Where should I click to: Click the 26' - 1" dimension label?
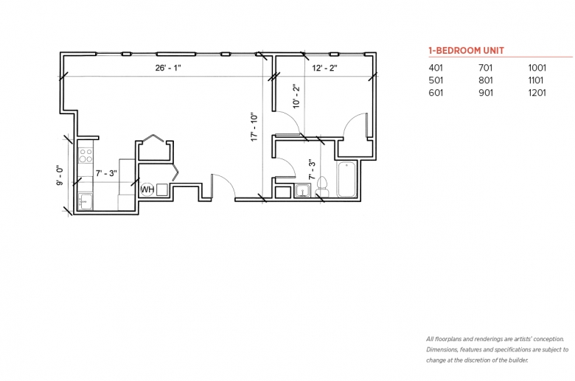pos(168,68)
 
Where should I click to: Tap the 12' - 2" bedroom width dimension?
pos(324,68)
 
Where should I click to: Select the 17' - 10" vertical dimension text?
pos(254,127)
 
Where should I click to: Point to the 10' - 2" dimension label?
pos(296,96)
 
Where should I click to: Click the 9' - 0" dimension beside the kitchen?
pos(60,175)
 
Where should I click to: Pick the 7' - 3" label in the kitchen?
pos(106,173)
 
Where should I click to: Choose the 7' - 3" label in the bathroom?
pos(312,169)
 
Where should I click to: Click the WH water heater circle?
pos(147,189)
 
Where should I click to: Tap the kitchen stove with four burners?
pos(86,155)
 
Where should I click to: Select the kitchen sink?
pos(86,202)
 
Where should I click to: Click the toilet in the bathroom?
pos(322,187)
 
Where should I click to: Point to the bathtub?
pos(346,179)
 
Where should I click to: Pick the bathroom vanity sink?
pos(302,191)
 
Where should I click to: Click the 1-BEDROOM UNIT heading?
pos(467,51)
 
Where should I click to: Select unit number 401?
pos(436,68)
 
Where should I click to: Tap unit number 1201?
pos(537,93)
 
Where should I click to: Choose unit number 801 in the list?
pos(486,80)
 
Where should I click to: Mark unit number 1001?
pos(537,68)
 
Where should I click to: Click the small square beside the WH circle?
pos(161,189)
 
